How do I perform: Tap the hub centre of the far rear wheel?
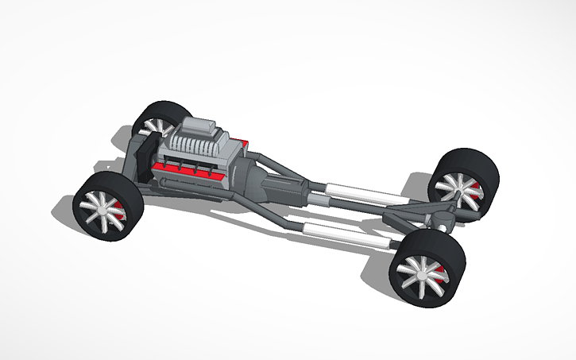click(x=455, y=187)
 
